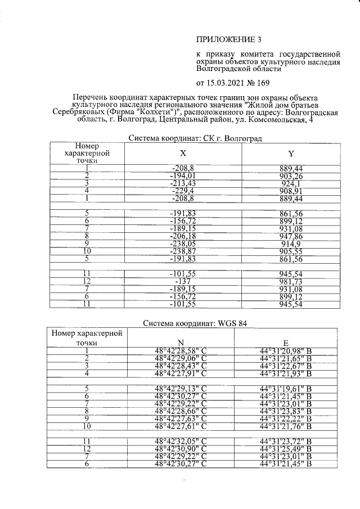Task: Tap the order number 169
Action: [x=262, y=83]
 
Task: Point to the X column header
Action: [x=182, y=153]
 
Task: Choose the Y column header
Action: [x=290, y=153]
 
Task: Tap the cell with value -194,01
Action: [x=182, y=175]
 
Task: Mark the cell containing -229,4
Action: [x=182, y=191]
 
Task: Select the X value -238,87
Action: [x=182, y=251]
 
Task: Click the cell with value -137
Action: [x=182, y=281]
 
